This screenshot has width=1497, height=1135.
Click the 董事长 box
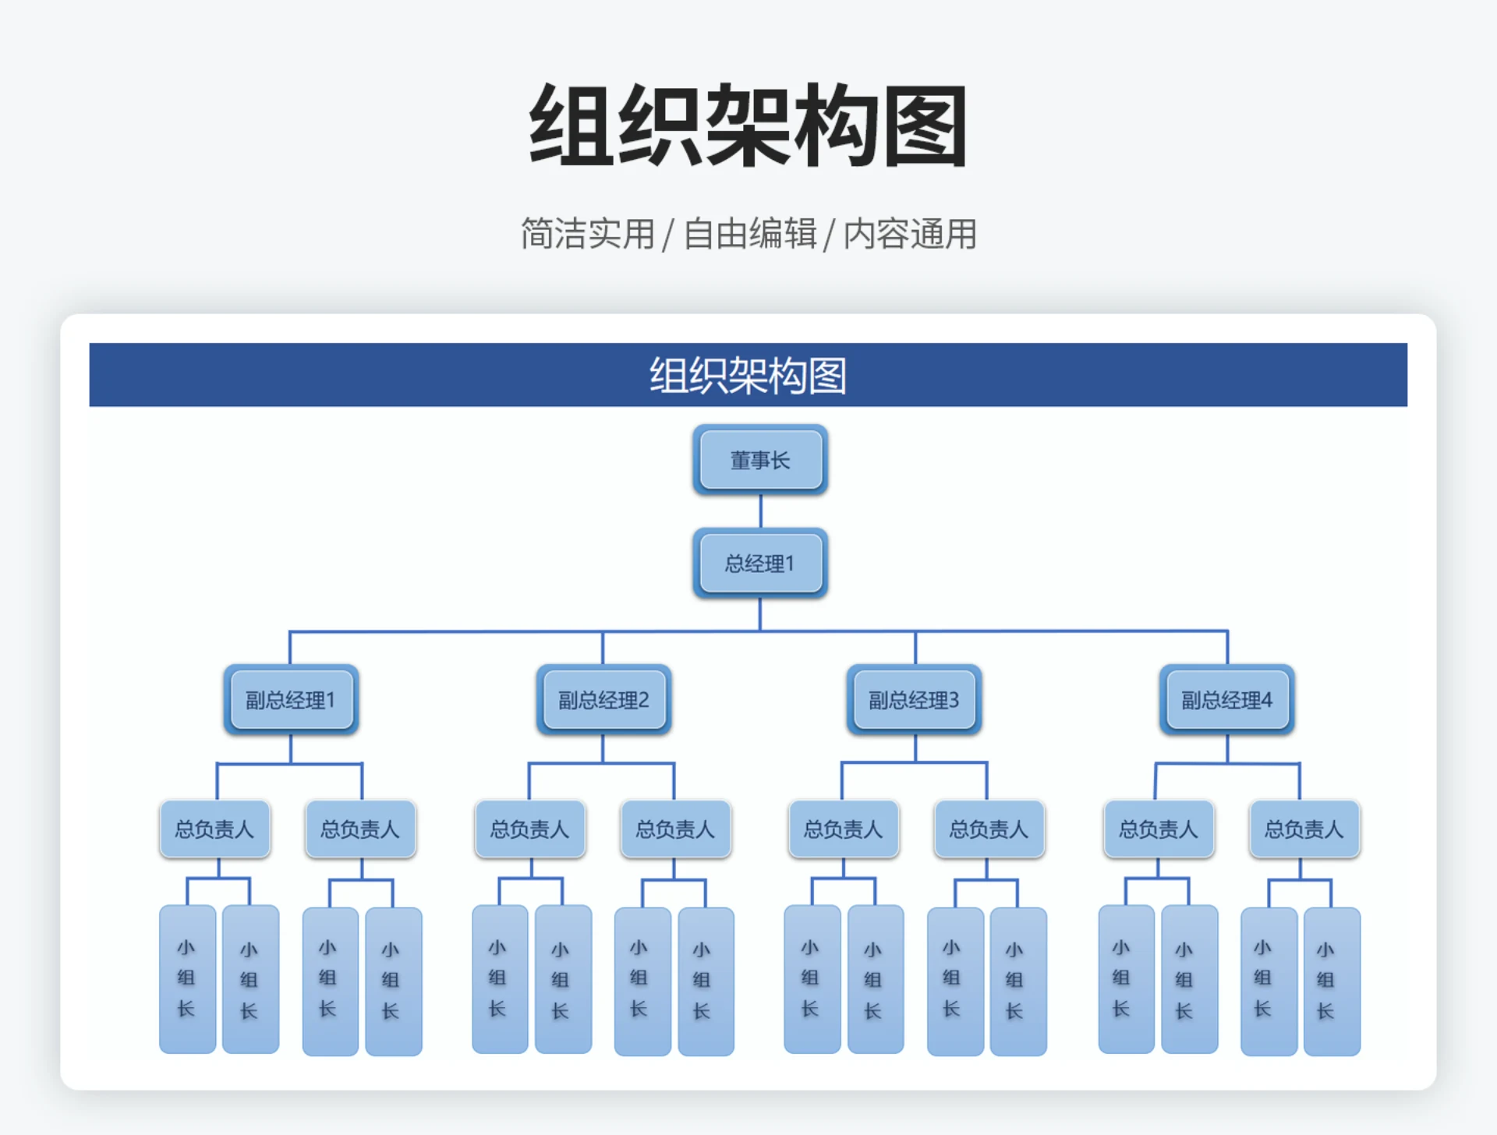click(x=759, y=460)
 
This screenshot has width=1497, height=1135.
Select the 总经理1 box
click(x=759, y=563)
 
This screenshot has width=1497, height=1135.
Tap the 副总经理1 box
click(x=291, y=699)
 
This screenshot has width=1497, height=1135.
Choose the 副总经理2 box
click(x=603, y=699)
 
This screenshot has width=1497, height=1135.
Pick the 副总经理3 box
click(x=914, y=699)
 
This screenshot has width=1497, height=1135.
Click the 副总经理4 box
click(x=1226, y=699)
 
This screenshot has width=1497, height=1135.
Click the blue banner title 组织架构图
click(x=748, y=375)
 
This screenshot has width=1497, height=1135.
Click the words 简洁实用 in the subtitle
click(x=587, y=234)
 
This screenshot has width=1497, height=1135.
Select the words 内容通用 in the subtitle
click(x=910, y=234)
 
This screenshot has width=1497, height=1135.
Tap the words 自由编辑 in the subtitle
click(x=750, y=234)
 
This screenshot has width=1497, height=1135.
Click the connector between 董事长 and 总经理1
click(x=760, y=511)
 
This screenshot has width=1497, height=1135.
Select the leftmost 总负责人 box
click(x=214, y=829)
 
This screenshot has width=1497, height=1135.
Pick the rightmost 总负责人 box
click(x=1304, y=829)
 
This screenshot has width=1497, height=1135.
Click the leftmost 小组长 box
click(x=187, y=979)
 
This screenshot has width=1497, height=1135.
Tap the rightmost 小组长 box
click(x=1332, y=981)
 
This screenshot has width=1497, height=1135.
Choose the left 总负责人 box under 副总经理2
click(x=530, y=829)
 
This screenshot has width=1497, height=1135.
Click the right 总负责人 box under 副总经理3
click(x=989, y=829)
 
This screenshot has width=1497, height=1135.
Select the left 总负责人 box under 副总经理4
click(x=1159, y=829)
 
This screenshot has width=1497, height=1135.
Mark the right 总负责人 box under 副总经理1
click(x=360, y=829)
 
